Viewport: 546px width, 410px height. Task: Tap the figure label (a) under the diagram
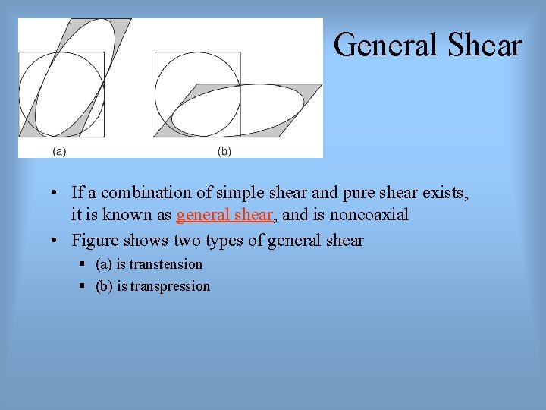click(58, 151)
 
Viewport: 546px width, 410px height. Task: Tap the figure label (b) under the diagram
click(224, 151)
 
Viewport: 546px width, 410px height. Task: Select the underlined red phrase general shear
click(224, 215)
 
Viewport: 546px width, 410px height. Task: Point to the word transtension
click(166, 264)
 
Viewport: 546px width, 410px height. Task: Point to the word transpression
click(170, 286)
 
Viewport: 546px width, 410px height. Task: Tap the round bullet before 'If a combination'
click(57, 193)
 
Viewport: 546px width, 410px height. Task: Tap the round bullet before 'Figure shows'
click(57, 241)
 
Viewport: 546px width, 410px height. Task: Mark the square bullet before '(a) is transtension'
click(80, 264)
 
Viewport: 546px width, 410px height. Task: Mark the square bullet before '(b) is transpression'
click(80, 286)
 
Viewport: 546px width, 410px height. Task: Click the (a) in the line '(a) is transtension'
click(105, 264)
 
